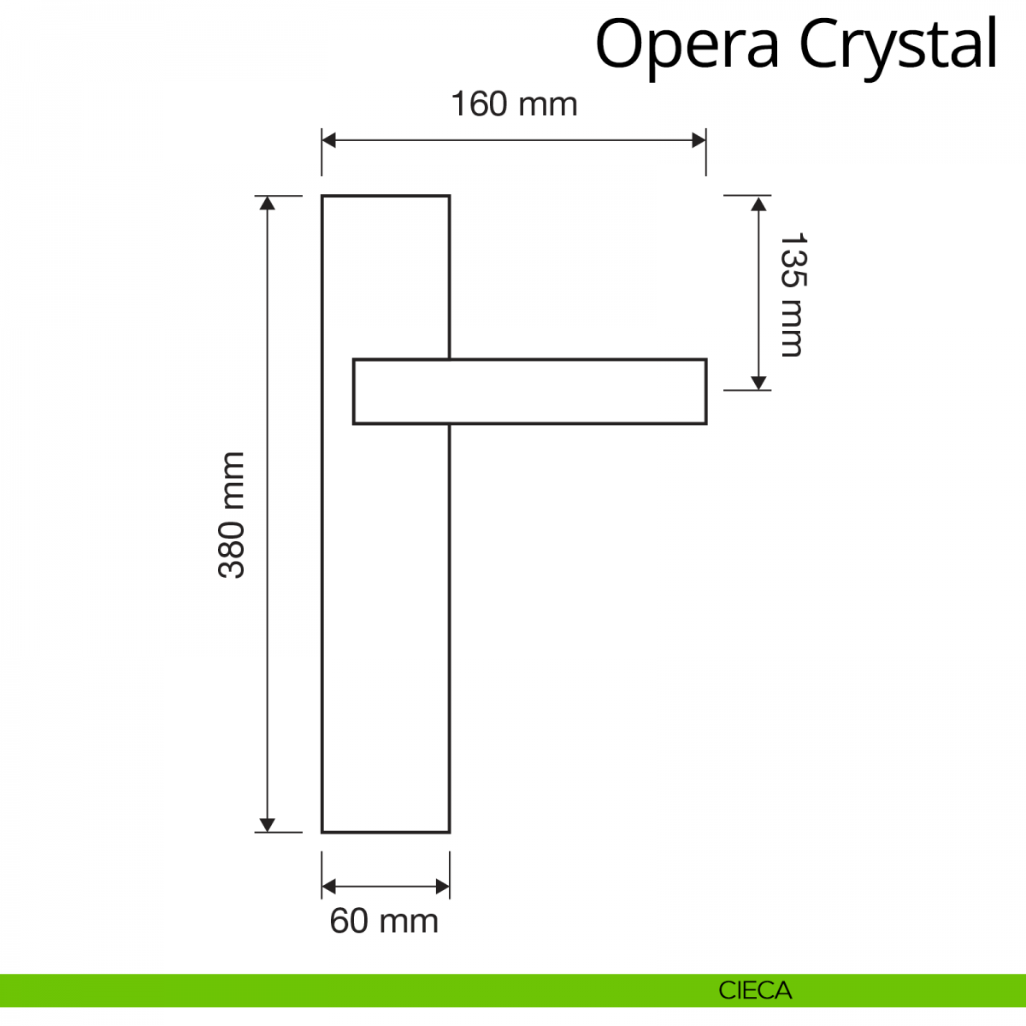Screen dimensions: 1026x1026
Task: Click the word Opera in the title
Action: pos(687,44)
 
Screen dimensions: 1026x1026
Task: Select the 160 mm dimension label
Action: pos(514,104)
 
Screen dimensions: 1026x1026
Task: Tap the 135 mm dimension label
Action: pos(792,294)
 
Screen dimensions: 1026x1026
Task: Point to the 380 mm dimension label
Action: pos(232,515)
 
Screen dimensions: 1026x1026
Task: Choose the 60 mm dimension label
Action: pos(384,921)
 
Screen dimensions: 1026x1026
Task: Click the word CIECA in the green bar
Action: pos(755,991)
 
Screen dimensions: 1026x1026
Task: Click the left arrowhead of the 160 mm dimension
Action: pos(329,140)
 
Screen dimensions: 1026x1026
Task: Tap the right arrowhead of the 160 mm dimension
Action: pos(699,140)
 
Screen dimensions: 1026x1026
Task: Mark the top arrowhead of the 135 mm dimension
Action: pos(758,203)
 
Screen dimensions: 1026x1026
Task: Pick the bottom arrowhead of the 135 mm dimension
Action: pos(758,382)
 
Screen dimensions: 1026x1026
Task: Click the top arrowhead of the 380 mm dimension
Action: pos(268,203)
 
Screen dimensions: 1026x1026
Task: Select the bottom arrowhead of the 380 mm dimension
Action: pos(268,824)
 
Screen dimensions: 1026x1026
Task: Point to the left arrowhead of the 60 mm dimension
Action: pos(329,887)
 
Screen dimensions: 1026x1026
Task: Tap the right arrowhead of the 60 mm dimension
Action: pos(442,887)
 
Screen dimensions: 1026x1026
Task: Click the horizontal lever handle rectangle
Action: pos(530,392)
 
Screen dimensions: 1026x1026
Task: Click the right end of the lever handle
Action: pos(705,392)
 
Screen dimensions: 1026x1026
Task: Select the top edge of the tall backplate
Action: pos(386,196)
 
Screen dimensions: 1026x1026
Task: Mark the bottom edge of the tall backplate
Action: pos(386,832)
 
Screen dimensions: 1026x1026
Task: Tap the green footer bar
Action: pos(342,990)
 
